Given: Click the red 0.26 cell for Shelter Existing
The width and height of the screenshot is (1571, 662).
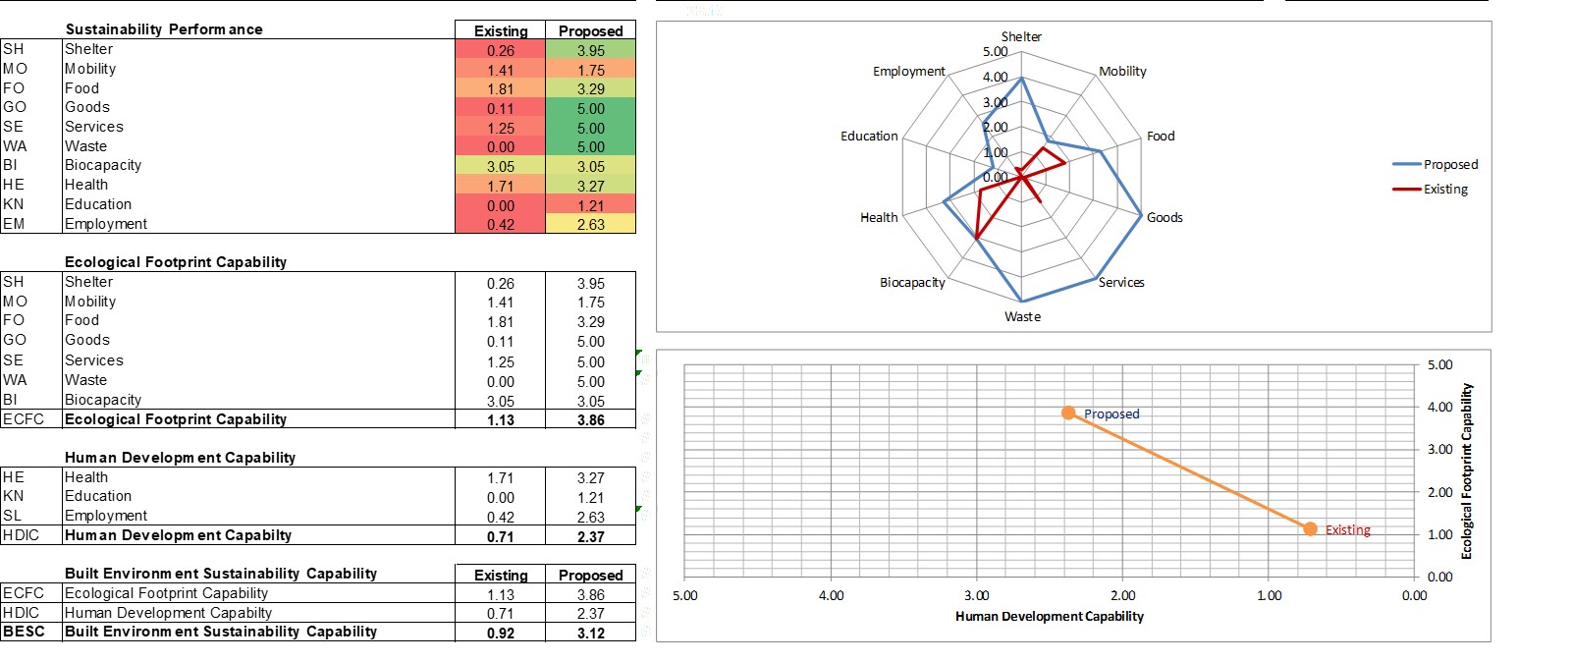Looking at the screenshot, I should coord(500,50).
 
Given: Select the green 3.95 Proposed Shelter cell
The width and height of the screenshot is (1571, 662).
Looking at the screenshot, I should coord(590,50).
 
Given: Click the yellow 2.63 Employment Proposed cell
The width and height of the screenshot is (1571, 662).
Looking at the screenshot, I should coord(590,224).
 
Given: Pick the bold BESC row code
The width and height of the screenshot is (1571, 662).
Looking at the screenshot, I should coord(24,632).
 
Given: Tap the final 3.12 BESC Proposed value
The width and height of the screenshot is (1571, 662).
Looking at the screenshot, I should coord(590,634).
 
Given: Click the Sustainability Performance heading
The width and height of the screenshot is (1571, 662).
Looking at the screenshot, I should coord(163,29).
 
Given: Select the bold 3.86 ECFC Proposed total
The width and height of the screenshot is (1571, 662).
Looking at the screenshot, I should coord(590,419).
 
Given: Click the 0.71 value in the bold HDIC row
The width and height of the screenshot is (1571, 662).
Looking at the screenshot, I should coord(500,536).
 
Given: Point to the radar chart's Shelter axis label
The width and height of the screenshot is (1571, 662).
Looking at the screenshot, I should coord(1021,36).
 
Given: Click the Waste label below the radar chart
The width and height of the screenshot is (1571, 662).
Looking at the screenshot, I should coord(1022,316).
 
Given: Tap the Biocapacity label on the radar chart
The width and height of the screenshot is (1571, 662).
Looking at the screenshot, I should coord(912,282).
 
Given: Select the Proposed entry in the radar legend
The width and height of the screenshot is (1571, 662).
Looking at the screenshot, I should coord(1450,164).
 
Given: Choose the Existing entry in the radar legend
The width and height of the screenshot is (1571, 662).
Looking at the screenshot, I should coord(1445,189).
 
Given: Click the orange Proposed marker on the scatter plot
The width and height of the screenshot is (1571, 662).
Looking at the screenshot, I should coord(1068,413).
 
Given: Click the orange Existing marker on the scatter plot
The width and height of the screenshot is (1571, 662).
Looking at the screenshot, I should coord(1310,528).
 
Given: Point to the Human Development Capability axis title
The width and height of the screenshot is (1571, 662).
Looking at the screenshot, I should coord(1049,616).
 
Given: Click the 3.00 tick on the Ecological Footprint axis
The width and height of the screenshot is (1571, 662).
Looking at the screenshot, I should coord(1438,449).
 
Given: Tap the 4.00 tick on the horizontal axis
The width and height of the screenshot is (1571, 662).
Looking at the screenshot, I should coord(831,595).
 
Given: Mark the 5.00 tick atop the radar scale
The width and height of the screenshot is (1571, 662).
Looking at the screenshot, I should coord(995,51).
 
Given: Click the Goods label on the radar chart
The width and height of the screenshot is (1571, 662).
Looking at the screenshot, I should coord(1165,217).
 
